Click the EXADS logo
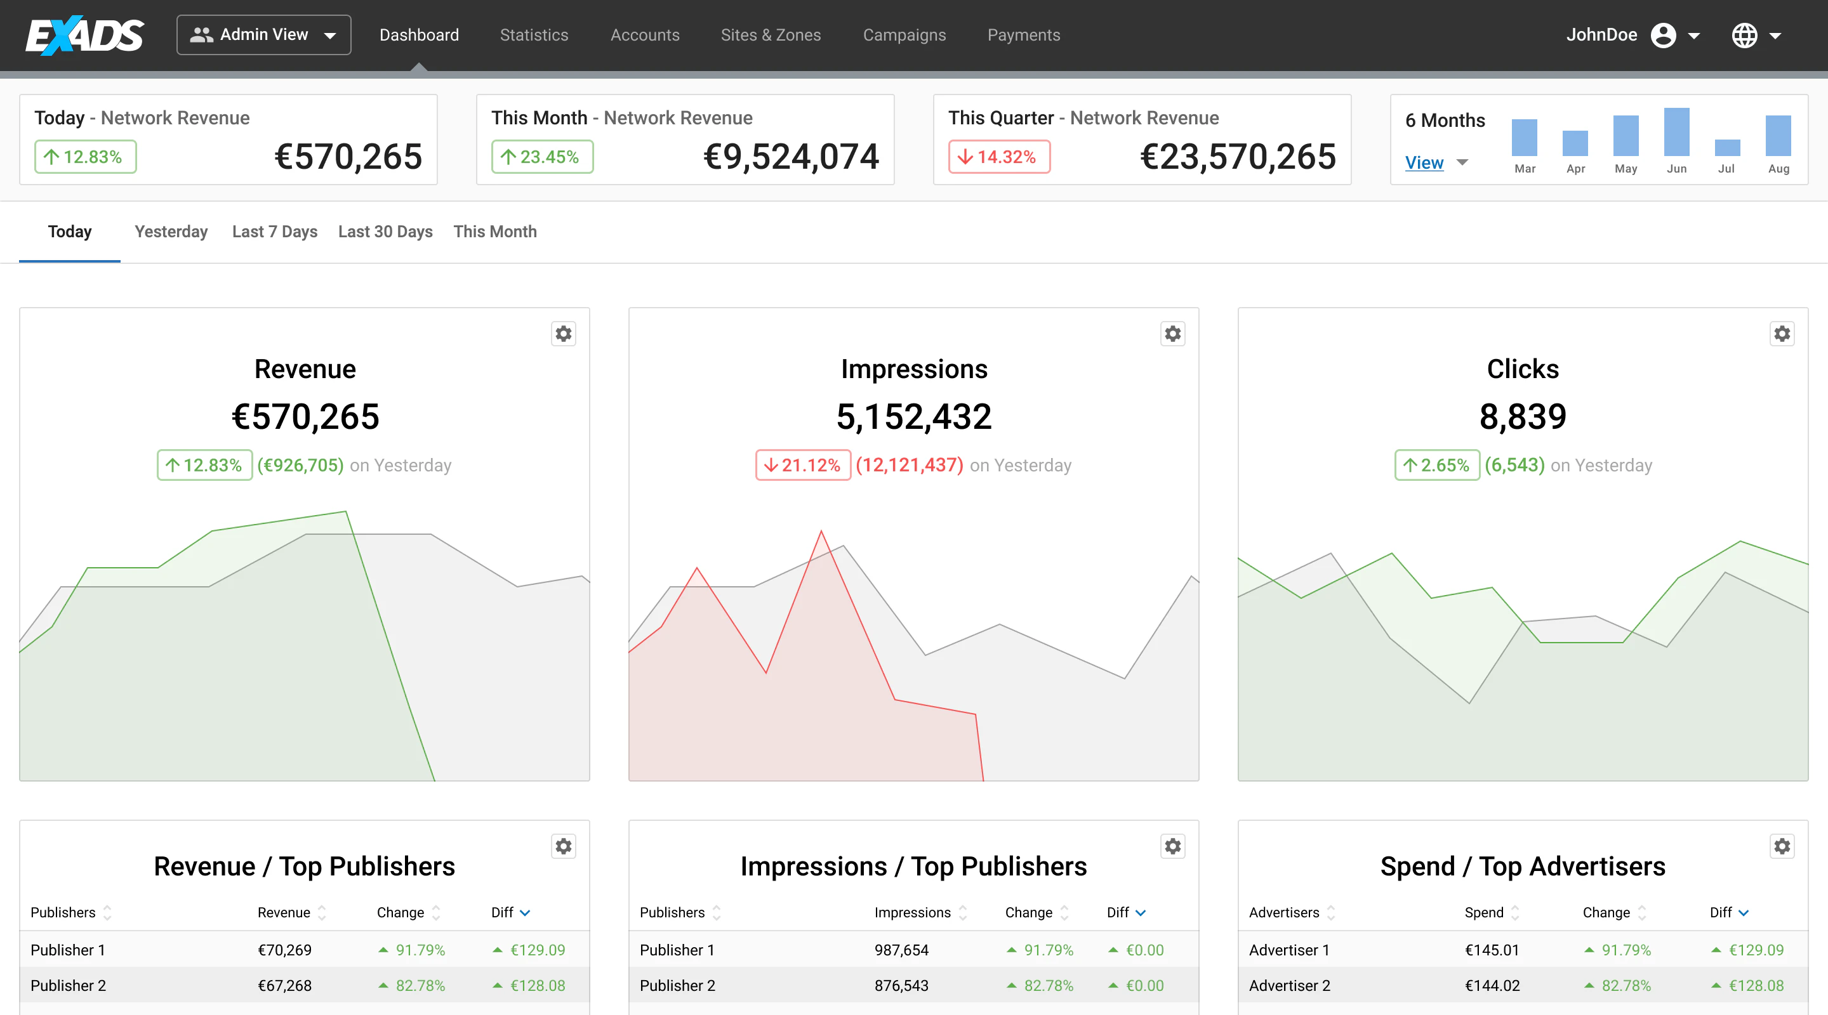(x=85, y=35)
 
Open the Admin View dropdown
(x=263, y=35)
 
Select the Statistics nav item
(x=534, y=35)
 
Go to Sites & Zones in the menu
(x=770, y=35)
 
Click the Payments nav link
(x=1023, y=35)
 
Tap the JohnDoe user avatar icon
(x=1663, y=35)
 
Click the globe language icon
(x=1744, y=35)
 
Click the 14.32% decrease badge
(x=998, y=157)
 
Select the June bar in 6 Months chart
(x=1676, y=132)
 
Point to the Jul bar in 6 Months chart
(x=1726, y=148)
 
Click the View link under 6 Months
(x=1424, y=162)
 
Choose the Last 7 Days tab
(x=275, y=232)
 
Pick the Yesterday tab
(x=171, y=232)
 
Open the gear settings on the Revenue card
(x=564, y=334)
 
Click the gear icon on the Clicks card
(x=1781, y=334)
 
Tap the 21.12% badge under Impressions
(x=802, y=465)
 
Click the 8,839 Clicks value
(x=1522, y=416)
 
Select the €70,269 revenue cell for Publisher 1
(x=284, y=950)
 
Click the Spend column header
(x=1483, y=912)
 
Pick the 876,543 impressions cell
(x=901, y=985)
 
